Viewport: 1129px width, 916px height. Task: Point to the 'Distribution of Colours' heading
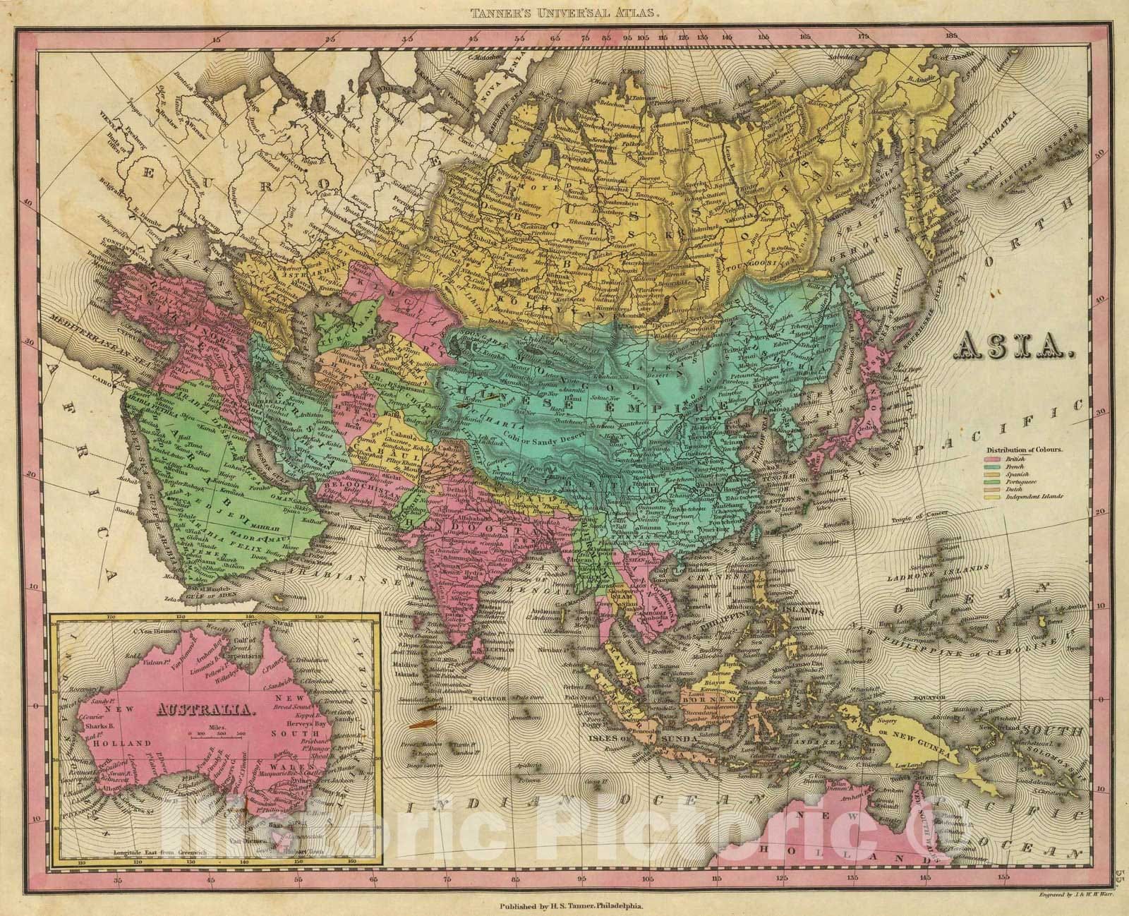click(1025, 449)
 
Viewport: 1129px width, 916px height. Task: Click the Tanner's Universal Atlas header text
click(564, 11)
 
